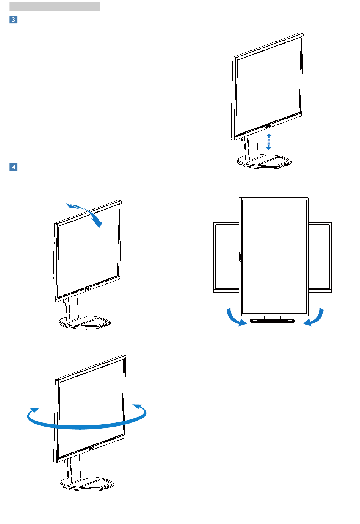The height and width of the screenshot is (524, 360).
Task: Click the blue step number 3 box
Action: point(13,19)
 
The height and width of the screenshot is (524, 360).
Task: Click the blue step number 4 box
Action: point(13,167)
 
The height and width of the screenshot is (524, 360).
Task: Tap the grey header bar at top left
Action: point(55,6)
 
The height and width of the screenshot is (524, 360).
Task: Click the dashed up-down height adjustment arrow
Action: point(268,142)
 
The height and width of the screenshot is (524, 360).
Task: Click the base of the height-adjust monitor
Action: point(265,162)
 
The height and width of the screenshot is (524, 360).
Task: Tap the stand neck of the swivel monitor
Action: point(74,468)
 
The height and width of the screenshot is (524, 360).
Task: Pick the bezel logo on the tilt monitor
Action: point(88,288)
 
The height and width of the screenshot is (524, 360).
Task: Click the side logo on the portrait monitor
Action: point(240,257)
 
